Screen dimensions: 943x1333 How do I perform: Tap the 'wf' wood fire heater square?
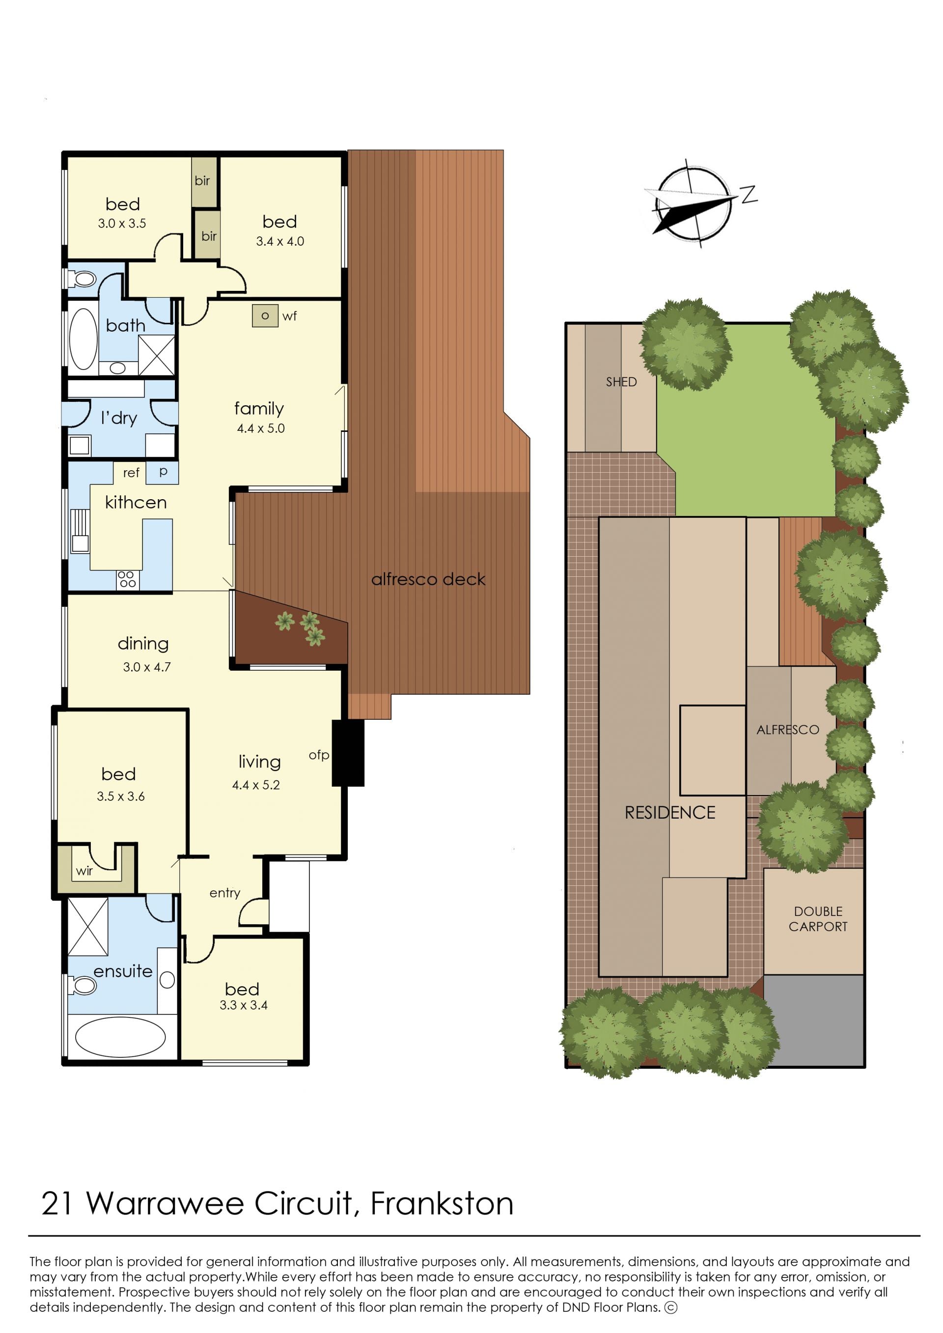pyautogui.click(x=265, y=315)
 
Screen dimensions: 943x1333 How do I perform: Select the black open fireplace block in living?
pyautogui.click(x=348, y=753)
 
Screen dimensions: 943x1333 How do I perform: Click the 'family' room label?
pyautogui.click(x=259, y=408)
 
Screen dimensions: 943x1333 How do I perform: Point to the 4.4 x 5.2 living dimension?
pyautogui.click(x=256, y=785)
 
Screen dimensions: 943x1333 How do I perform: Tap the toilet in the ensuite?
pyautogui.click(x=82, y=985)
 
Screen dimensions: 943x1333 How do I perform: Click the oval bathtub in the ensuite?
pyautogui.click(x=120, y=1037)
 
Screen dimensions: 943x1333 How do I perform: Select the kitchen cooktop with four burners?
pyautogui.click(x=127, y=579)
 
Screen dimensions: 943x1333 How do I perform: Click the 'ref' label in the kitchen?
pyautogui.click(x=131, y=473)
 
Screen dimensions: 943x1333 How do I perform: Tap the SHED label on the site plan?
pyautogui.click(x=621, y=382)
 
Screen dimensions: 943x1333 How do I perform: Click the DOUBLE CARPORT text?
pyautogui.click(x=818, y=919)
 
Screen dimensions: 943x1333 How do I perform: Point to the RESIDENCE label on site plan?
pyautogui.click(x=670, y=813)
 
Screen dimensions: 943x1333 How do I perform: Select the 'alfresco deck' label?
pyautogui.click(x=429, y=579)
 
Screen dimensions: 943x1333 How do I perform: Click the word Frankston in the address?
pyautogui.click(x=442, y=1203)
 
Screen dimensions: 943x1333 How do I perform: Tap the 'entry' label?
pyautogui.click(x=225, y=893)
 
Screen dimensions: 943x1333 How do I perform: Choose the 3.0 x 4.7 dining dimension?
pyautogui.click(x=147, y=667)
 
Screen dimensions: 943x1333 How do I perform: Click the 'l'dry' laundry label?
pyautogui.click(x=119, y=418)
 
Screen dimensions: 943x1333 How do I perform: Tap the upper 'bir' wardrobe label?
pyautogui.click(x=202, y=181)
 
